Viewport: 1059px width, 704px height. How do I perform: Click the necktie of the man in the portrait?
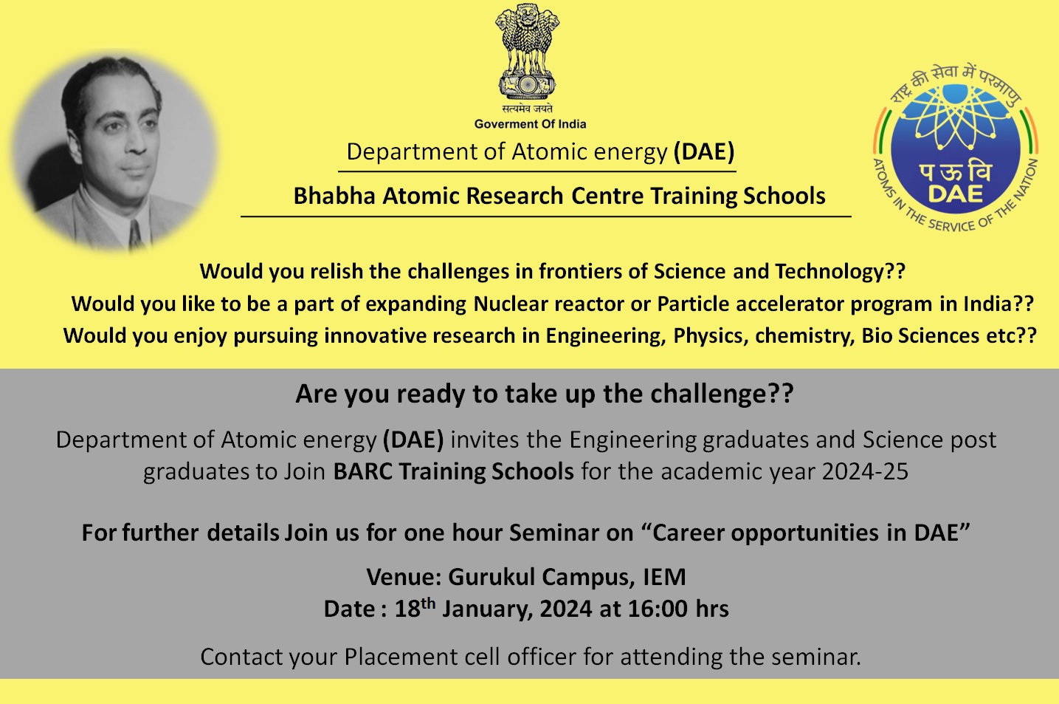coord(136,235)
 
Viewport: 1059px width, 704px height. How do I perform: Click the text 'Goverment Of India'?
coord(530,124)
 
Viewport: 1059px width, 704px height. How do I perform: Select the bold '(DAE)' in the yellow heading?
coord(704,151)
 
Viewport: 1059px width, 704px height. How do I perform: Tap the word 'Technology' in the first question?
coord(829,271)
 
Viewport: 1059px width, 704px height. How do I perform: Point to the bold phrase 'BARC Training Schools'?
coord(453,471)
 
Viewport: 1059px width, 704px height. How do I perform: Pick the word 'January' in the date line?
coord(486,609)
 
